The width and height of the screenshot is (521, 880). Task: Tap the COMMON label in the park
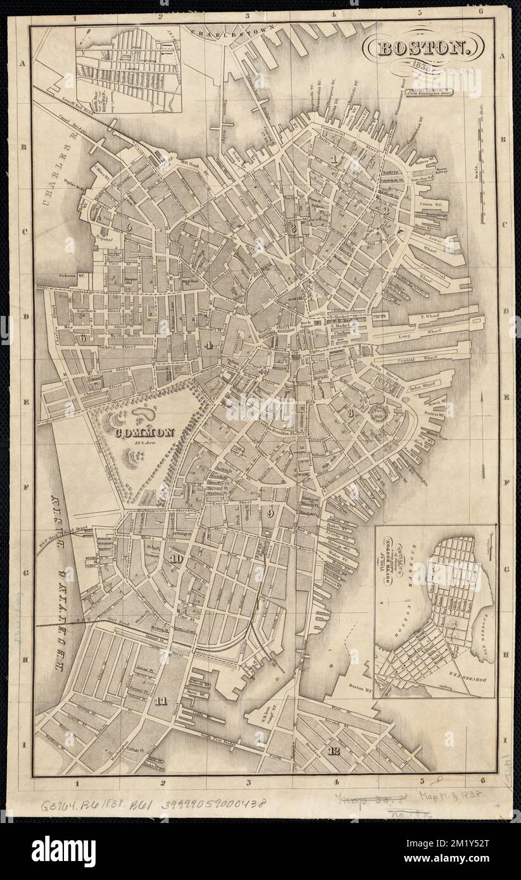[144, 433]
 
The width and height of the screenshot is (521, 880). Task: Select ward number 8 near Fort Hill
[349, 413]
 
